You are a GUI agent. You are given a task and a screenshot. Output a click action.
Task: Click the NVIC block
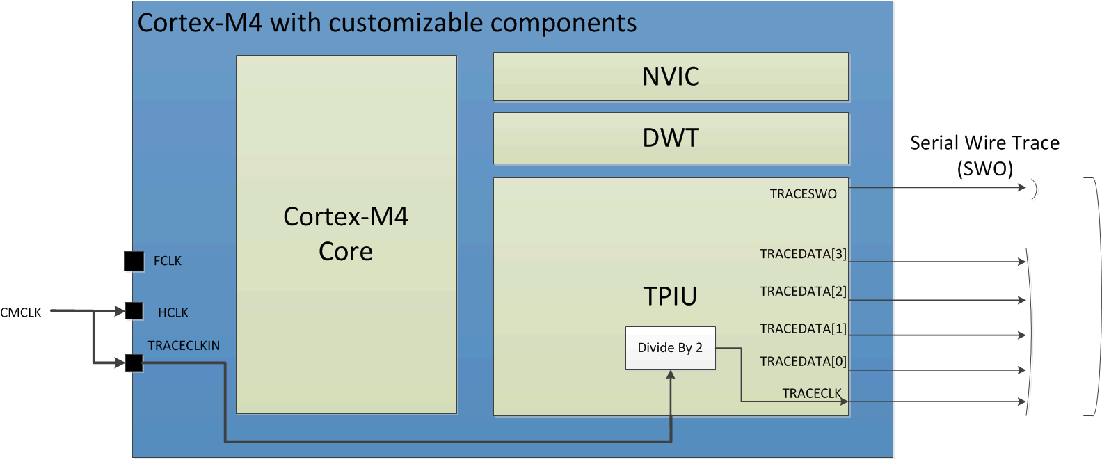(671, 77)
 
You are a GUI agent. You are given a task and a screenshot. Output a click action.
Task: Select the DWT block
(671, 138)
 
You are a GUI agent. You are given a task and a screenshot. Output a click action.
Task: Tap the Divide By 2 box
(670, 348)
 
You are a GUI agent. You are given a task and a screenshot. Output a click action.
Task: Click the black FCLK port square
(134, 261)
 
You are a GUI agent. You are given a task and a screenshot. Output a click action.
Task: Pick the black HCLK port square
(134, 311)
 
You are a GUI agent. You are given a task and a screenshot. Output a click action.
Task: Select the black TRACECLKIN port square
(134, 363)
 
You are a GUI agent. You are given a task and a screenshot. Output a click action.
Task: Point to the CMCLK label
(21, 313)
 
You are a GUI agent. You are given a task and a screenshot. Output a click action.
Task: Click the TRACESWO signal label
(803, 194)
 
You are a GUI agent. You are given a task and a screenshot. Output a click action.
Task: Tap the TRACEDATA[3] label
(803, 254)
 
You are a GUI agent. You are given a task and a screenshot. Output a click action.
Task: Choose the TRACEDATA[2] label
(803, 292)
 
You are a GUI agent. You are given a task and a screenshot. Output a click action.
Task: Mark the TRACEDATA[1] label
(803, 328)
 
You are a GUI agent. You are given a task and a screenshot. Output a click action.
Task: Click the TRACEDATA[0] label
(803, 362)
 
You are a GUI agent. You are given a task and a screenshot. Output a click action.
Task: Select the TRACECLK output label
(811, 394)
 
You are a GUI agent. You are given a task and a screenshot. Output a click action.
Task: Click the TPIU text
(670, 296)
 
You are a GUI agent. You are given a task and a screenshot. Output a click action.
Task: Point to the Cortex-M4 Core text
(346, 234)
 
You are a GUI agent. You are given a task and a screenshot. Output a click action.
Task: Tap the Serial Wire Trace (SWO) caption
(984, 156)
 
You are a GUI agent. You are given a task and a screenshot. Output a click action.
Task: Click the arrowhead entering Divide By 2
(671, 375)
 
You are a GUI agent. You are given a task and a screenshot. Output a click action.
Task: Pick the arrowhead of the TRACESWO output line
(1022, 187)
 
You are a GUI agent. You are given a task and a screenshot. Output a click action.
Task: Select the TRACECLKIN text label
(184, 346)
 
